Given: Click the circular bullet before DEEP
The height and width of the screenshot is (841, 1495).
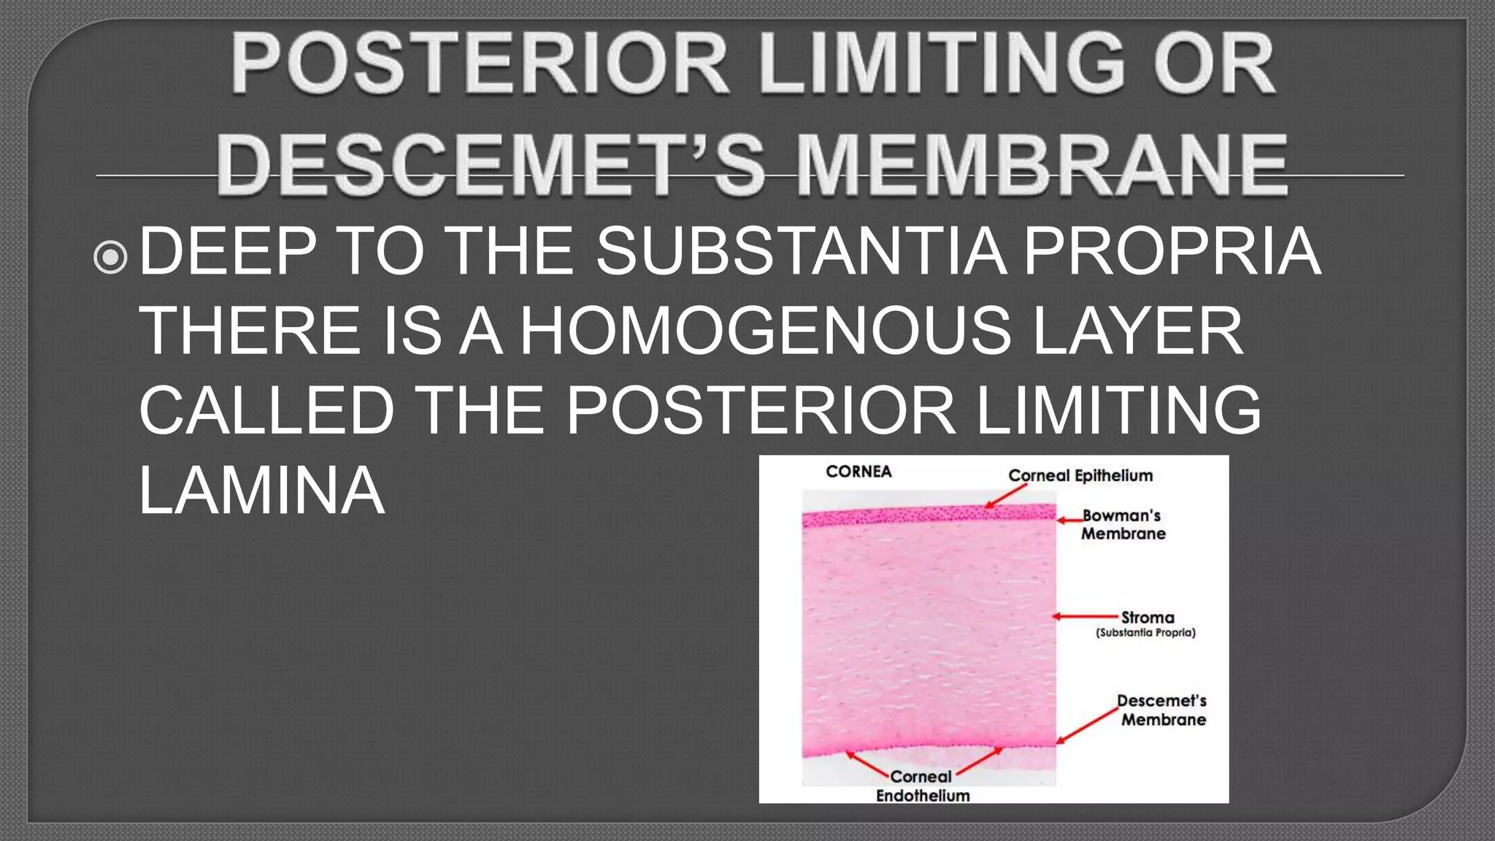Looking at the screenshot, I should tap(111, 257).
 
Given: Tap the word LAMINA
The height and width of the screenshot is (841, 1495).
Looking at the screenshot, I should tap(261, 490).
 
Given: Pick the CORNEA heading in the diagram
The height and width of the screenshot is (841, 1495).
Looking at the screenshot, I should tap(858, 472).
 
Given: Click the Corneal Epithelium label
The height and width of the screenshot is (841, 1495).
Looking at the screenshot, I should tap(1080, 476).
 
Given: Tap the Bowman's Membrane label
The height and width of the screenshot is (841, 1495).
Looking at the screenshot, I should tap(1123, 525).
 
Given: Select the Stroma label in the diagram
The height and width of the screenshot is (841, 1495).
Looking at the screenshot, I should tap(1148, 618).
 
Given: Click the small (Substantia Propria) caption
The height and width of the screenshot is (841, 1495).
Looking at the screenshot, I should tap(1145, 633).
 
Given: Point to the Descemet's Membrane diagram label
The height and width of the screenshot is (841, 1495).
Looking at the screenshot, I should tap(1162, 710).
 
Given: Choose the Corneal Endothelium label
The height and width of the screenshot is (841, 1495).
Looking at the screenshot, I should tap(923, 786).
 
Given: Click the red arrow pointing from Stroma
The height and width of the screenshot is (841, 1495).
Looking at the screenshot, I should tap(1085, 617).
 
